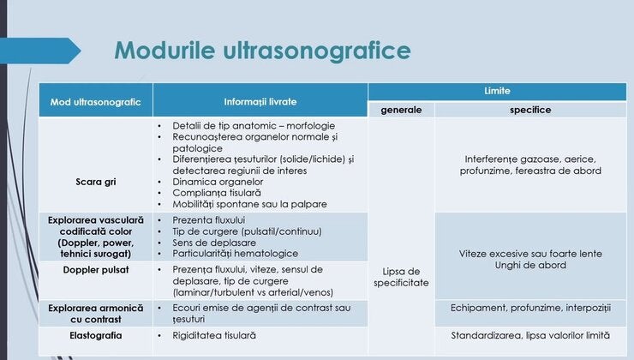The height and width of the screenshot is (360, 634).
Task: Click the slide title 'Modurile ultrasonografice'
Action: point(262,50)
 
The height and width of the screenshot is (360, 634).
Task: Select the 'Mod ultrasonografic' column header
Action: point(95,101)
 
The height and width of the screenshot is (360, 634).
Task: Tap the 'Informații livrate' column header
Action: point(260,101)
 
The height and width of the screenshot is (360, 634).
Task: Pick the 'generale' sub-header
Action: point(401,110)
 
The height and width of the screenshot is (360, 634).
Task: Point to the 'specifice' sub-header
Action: point(530,110)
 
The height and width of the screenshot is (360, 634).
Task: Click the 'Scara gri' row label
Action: point(95,182)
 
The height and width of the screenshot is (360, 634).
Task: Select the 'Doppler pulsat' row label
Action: point(95,270)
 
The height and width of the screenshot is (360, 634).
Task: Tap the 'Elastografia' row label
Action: point(95,335)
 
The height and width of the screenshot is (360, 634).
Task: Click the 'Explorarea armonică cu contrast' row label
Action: point(95,313)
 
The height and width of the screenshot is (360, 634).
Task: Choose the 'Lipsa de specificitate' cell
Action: point(401,277)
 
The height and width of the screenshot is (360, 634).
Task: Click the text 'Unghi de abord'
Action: point(530,266)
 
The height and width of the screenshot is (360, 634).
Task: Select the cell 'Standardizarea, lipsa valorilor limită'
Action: point(530,335)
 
